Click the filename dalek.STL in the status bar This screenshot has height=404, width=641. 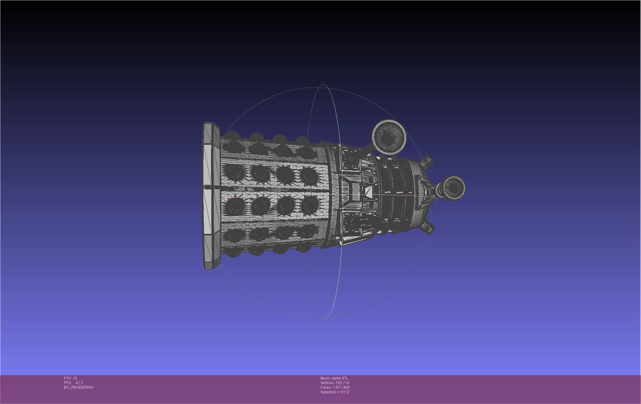pyautogui.click(x=340, y=378)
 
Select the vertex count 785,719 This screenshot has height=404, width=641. pyautogui.click(x=342, y=383)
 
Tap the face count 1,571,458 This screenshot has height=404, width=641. pyautogui.click(x=341, y=387)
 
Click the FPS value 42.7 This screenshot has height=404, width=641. pyautogui.click(x=79, y=383)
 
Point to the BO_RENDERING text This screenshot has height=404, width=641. pyautogui.click(x=79, y=387)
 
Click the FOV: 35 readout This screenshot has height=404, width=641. pyautogui.click(x=70, y=378)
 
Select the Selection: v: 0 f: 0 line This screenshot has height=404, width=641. pyautogui.click(x=335, y=392)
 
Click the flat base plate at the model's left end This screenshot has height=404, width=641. pyautogui.click(x=211, y=196)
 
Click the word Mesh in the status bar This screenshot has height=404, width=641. pyautogui.click(x=325, y=378)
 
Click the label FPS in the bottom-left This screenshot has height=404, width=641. pyautogui.click(x=67, y=383)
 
